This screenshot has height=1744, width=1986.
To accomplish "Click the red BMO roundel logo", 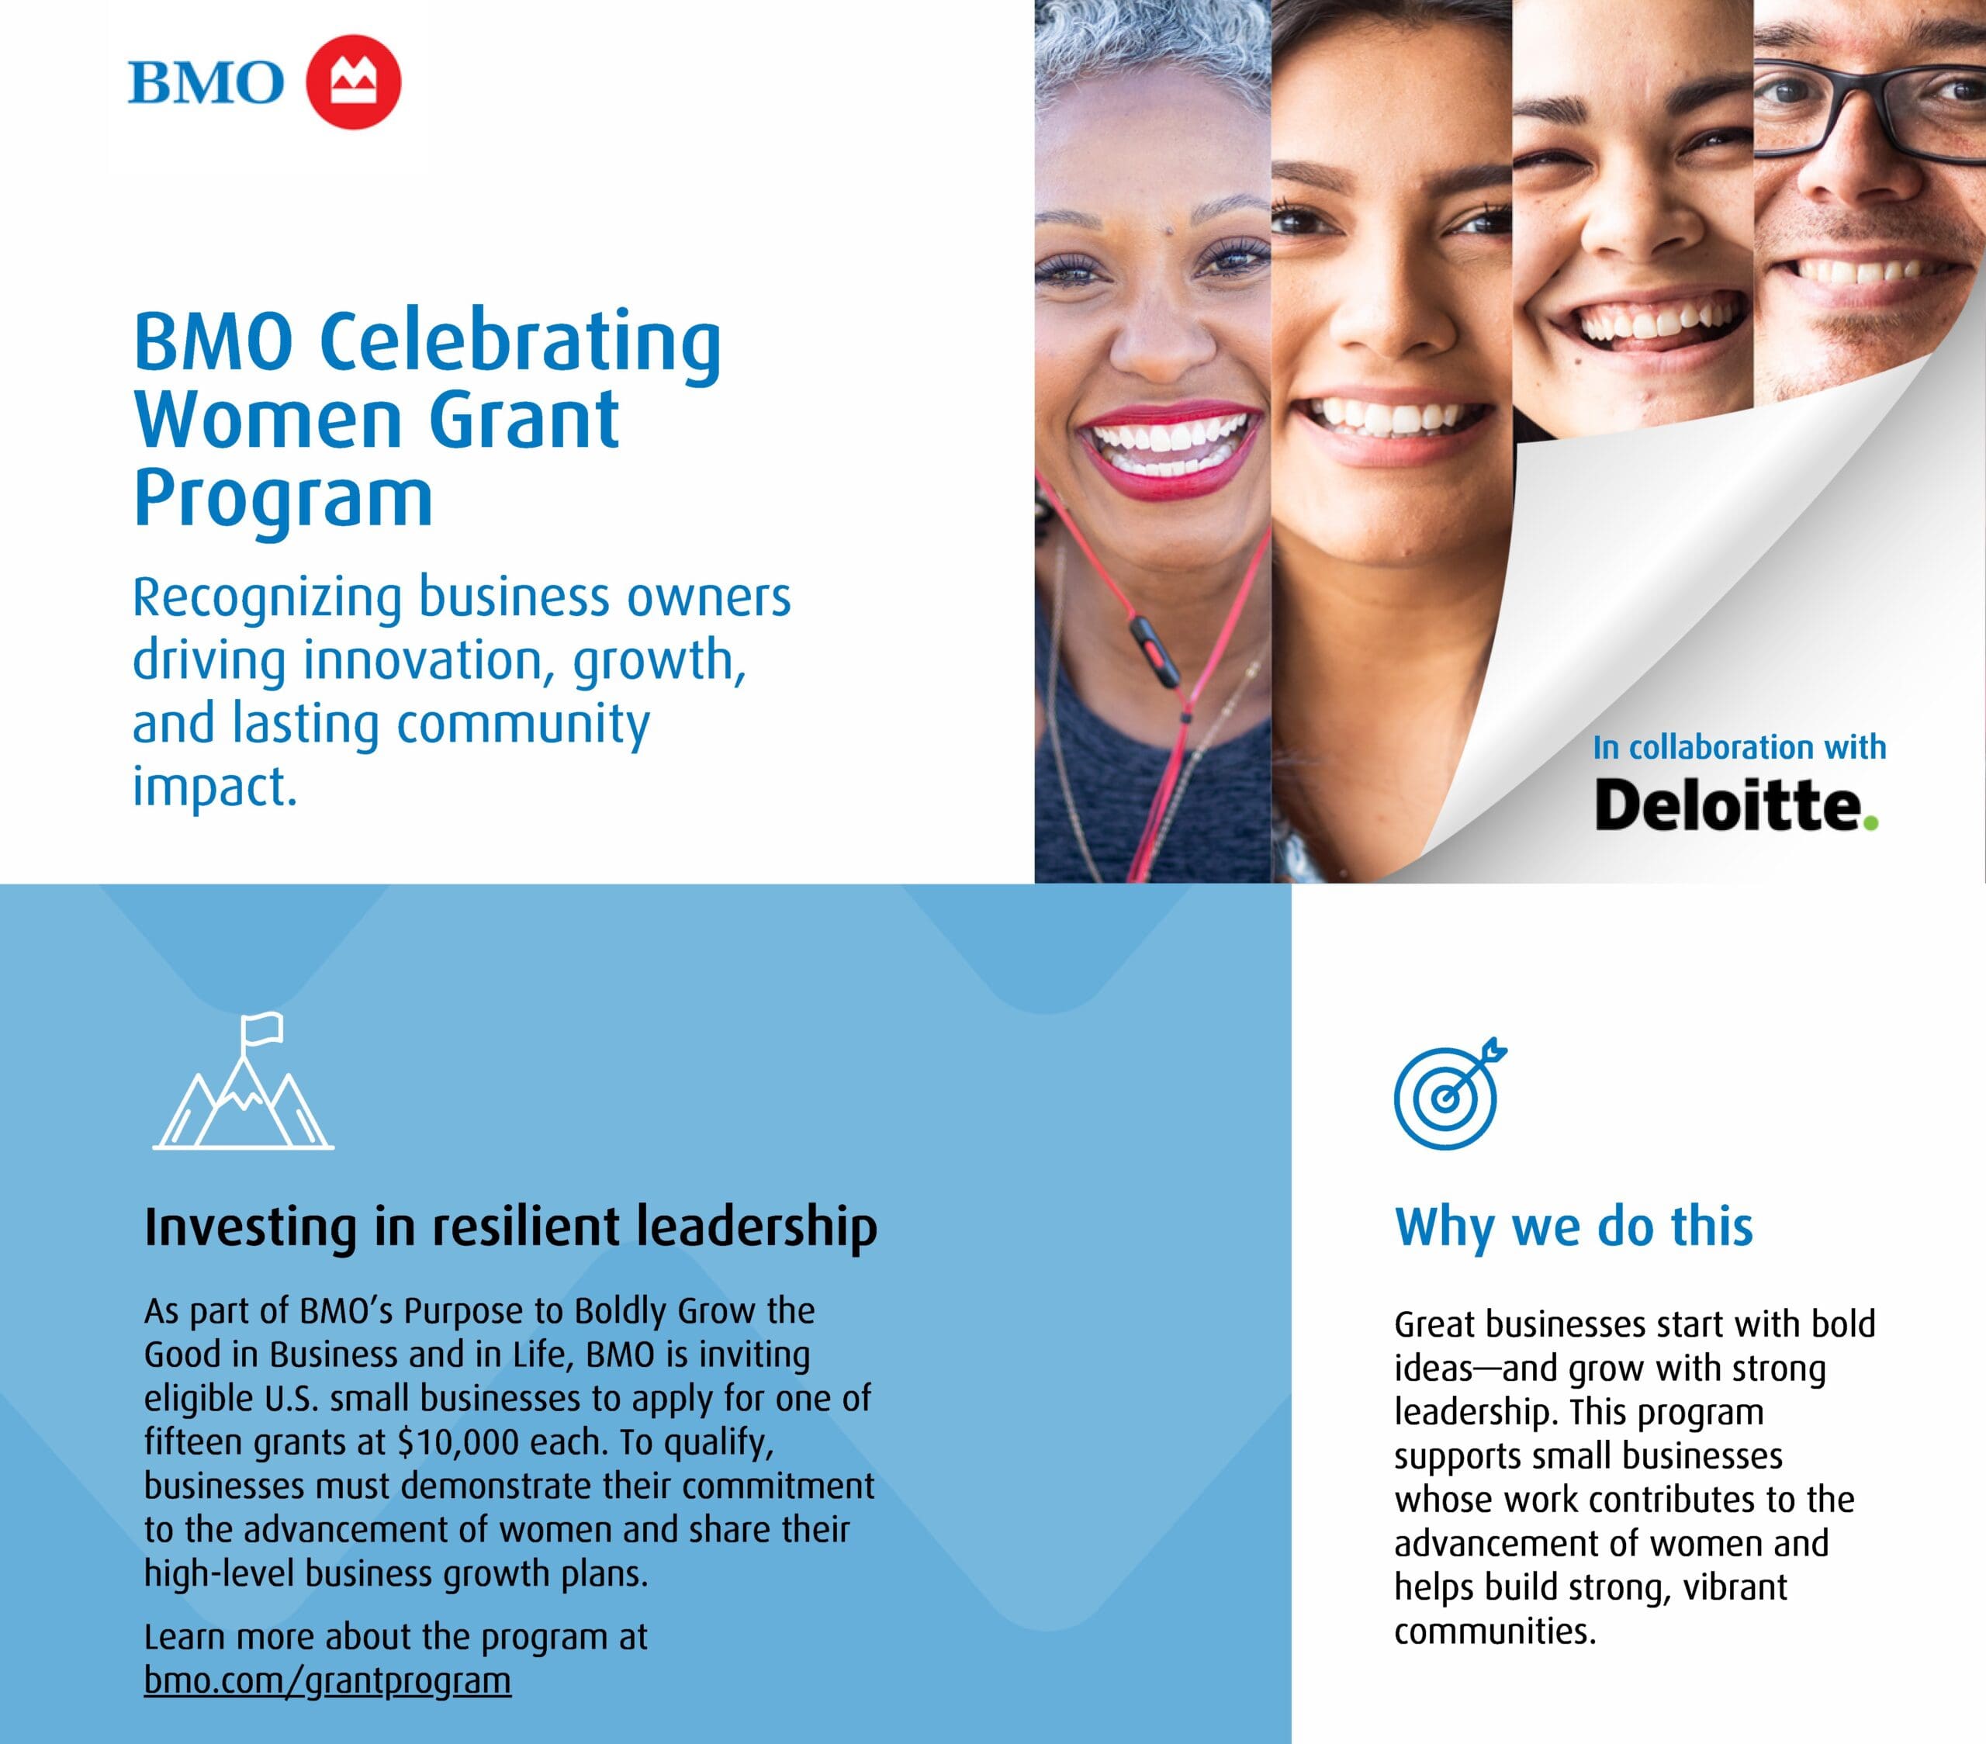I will point(353,81).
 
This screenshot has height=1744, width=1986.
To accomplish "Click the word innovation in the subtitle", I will point(422,661).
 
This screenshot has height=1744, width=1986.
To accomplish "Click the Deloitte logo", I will point(1729,805).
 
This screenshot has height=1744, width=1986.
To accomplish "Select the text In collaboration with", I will point(1739,747).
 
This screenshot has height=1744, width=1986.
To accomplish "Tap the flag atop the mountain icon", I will point(262,1027).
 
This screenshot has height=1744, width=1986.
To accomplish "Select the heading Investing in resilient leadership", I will point(510,1227).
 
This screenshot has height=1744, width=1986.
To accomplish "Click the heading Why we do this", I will point(1573,1227).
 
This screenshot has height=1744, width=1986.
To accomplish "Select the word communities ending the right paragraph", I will point(1493,1632).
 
